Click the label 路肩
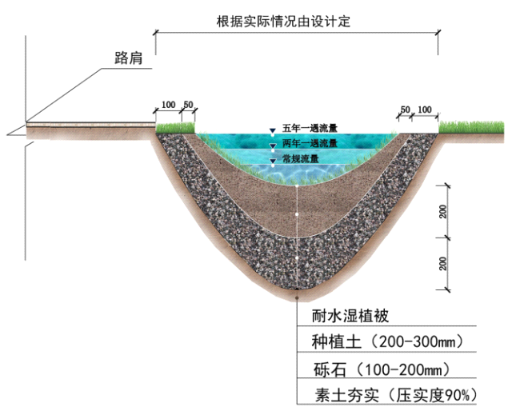(x=129, y=58)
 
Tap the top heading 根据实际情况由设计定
(x=283, y=22)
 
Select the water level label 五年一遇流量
(x=310, y=128)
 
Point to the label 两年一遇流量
(x=310, y=143)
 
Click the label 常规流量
(x=301, y=159)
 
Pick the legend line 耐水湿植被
(x=350, y=316)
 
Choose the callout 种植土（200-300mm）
(x=387, y=341)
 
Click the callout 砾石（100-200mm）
(x=382, y=369)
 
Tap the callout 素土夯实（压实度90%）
(x=396, y=395)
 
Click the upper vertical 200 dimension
(x=443, y=211)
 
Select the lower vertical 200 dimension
(x=443, y=264)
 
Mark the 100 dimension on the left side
(x=169, y=105)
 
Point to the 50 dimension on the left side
(x=188, y=105)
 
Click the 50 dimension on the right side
(x=405, y=110)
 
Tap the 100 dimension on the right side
(x=425, y=110)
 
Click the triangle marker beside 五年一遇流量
(x=273, y=131)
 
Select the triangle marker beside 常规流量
(x=273, y=161)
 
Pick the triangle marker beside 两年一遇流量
(x=273, y=146)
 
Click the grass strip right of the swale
(x=471, y=127)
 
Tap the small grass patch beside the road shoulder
(x=175, y=128)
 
